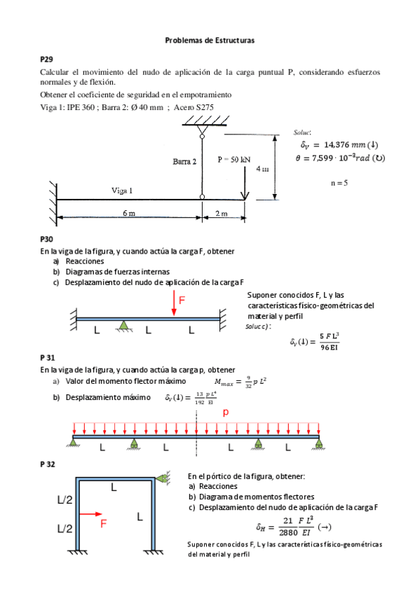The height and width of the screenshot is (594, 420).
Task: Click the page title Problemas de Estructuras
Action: [x=210, y=41]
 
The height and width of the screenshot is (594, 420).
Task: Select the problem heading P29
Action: [x=46, y=61]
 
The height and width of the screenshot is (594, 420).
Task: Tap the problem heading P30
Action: [x=46, y=239]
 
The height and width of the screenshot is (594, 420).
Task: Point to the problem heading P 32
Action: [x=48, y=464]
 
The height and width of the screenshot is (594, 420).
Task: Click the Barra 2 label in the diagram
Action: [x=184, y=161]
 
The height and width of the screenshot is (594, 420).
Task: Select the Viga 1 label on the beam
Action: [x=122, y=190]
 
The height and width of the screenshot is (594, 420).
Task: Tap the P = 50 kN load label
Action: [x=233, y=159]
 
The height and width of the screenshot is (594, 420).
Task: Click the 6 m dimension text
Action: [x=129, y=214]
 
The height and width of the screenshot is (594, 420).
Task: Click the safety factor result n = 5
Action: [x=339, y=183]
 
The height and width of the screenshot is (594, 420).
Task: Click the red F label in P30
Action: [x=182, y=300]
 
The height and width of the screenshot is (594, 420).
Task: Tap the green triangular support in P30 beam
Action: [x=123, y=325]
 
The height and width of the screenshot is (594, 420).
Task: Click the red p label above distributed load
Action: [x=226, y=413]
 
